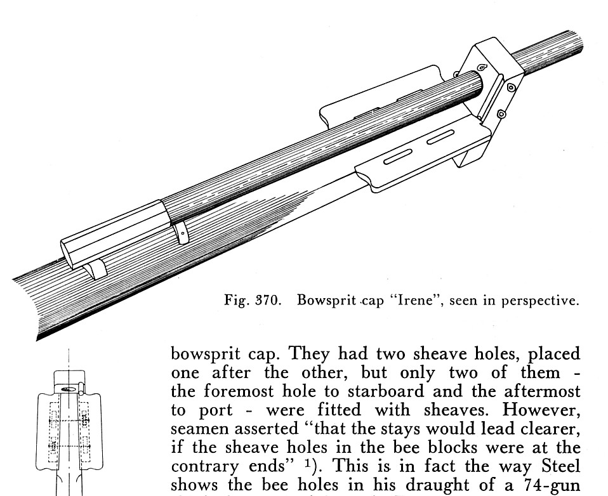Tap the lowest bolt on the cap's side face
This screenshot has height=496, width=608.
click(x=501, y=114)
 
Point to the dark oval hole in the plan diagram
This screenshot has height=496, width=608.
click(x=69, y=389)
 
